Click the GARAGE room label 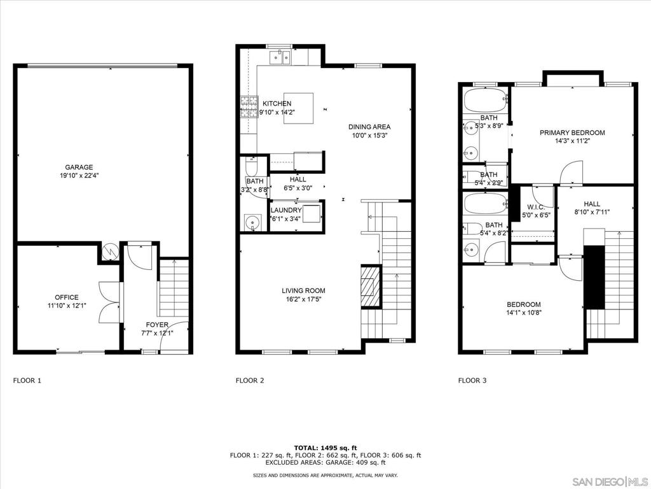79,167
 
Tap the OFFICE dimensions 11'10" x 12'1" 67,306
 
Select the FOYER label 157,325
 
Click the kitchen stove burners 249,106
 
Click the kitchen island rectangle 299,108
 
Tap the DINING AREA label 369,127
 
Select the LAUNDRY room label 286,210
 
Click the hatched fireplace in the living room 371,287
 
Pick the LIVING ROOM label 303,290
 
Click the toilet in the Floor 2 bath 252,166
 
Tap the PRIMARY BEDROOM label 572,132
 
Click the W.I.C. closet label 536,207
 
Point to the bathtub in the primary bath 485,100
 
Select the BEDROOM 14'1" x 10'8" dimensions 524,313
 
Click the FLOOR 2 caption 249,380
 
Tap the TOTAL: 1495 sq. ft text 325,448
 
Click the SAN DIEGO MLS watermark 610,481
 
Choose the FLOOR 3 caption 472,380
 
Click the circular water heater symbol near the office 111,251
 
